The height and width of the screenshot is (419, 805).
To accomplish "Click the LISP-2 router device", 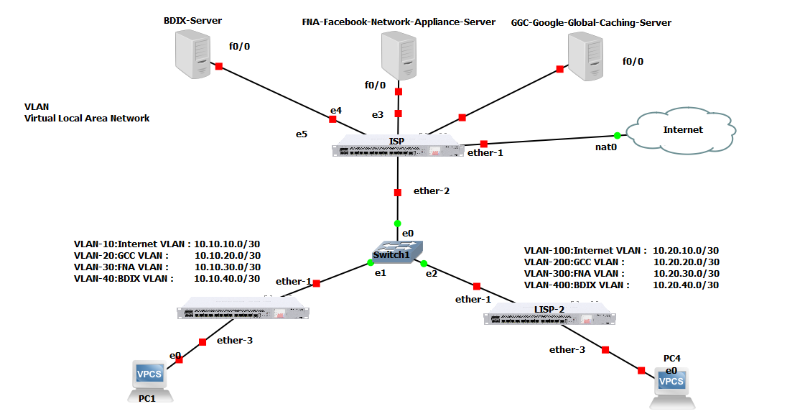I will click(549, 318).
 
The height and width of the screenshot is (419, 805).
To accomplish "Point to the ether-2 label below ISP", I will click(432, 191).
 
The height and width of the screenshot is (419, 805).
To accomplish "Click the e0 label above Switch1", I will click(407, 234).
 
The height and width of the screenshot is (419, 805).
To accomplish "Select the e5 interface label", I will click(302, 134).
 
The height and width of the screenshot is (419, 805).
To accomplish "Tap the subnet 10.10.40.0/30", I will click(227, 278).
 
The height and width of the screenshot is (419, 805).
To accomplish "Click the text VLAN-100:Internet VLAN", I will click(585, 251).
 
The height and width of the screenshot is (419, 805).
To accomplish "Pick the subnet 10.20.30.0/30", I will click(686, 274).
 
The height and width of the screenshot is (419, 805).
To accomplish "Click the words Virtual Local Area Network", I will click(87, 118).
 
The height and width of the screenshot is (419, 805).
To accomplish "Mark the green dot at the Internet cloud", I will click(617, 135).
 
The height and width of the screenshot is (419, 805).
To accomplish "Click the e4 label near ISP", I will click(335, 111).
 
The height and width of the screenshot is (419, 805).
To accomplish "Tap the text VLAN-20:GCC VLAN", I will click(121, 255).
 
